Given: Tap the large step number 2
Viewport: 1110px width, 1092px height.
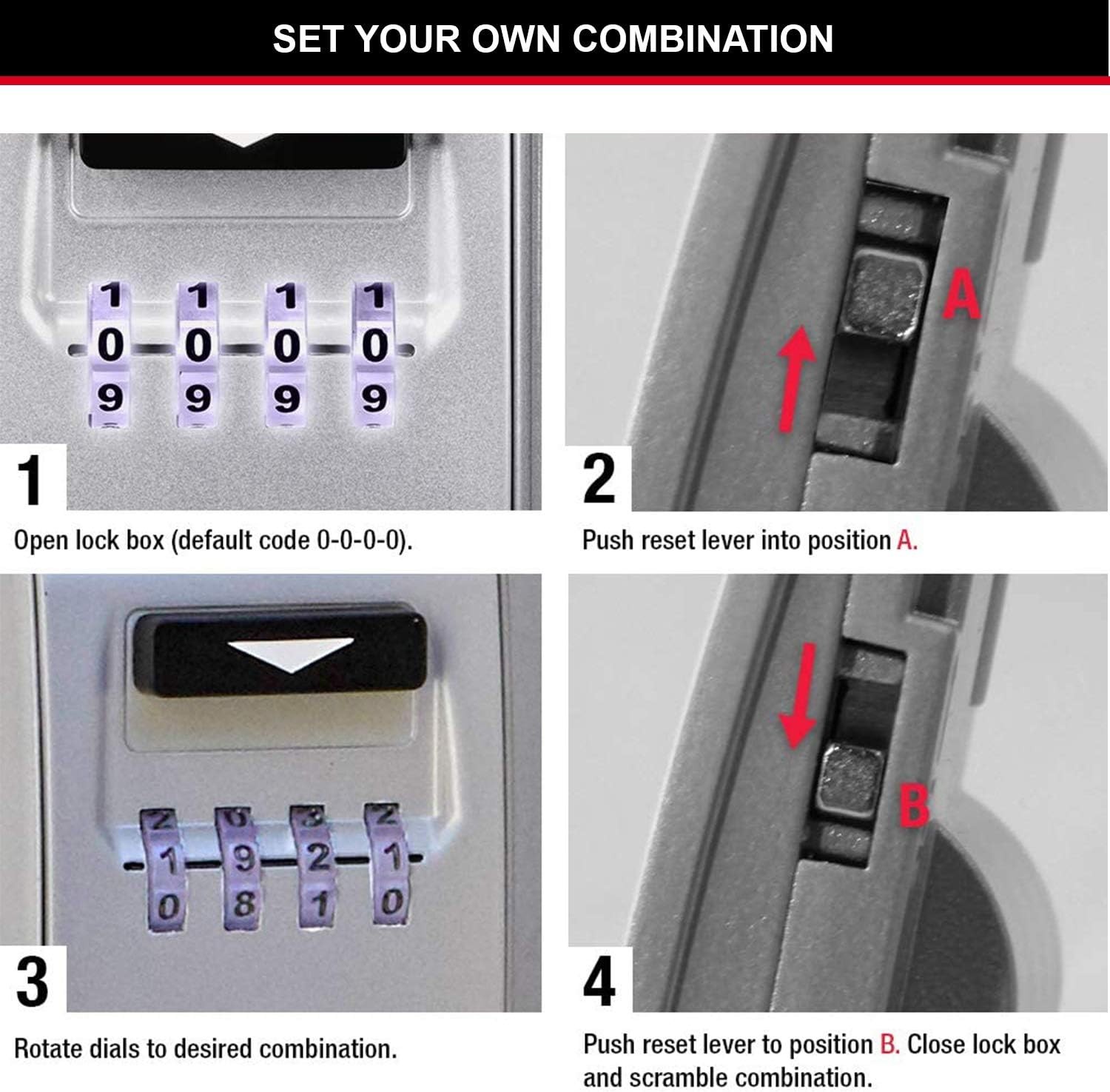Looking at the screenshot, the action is click(599, 478).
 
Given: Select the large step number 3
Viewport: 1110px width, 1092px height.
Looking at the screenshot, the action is click(33, 982).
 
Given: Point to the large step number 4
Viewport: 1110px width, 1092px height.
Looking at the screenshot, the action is click(599, 981).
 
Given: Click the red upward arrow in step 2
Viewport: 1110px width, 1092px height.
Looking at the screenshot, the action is click(795, 379).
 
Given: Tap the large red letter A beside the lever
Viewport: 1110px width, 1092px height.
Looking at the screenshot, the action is click(961, 294).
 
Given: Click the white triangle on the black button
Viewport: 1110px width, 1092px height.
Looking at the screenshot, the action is click(291, 653).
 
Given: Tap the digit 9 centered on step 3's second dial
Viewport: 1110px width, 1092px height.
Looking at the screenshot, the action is click(244, 859).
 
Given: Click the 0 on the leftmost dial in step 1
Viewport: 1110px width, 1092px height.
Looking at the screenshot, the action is click(110, 345).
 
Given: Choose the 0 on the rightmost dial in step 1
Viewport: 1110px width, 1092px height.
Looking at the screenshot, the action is click(375, 345).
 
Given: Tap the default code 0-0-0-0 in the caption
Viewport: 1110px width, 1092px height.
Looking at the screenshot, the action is click(362, 540).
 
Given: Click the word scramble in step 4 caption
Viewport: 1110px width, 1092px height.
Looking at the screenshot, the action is click(679, 1077).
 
